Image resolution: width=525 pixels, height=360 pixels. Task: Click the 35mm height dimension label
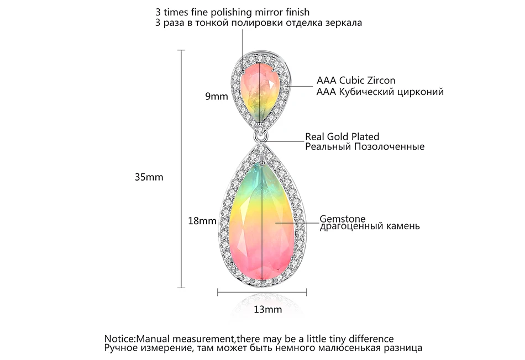(x=149, y=177)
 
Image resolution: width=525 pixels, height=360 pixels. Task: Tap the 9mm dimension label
(x=216, y=97)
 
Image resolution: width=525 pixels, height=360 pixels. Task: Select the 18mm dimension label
(x=202, y=221)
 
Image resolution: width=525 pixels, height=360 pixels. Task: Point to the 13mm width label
(x=267, y=309)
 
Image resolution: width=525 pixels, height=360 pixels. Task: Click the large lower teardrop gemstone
(x=262, y=220)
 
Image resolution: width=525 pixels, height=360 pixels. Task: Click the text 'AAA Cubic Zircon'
(x=356, y=81)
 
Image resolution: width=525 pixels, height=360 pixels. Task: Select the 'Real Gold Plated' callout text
(x=342, y=136)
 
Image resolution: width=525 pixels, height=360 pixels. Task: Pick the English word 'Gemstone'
(x=343, y=219)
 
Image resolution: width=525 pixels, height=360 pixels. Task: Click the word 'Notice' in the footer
(x=119, y=338)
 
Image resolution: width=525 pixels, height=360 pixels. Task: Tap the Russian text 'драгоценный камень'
(x=370, y=226)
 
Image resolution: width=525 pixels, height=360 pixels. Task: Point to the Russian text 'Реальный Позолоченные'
(x=365, y=146)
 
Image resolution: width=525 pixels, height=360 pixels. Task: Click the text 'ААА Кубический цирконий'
(x=380, y=92)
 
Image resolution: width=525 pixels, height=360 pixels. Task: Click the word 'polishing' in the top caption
(x=230, y=13)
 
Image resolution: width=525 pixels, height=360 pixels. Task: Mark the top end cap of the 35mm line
(x=181, y=50)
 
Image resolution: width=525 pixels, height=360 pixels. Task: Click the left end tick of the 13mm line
(x=218, y=293)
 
